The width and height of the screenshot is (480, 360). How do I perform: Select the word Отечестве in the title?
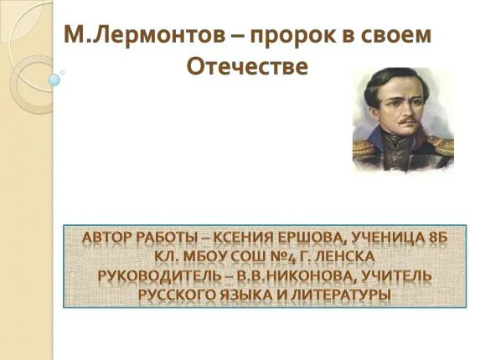(245, 67)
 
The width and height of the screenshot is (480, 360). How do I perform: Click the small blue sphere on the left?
(54, 80)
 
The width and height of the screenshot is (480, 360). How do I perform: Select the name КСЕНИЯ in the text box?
(259, 238)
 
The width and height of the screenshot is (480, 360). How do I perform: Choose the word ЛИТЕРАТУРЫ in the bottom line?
(336, 294)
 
